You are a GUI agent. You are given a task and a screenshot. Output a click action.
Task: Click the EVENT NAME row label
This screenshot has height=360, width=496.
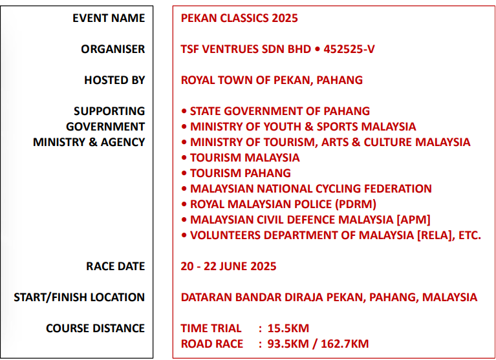(x=109, y=18)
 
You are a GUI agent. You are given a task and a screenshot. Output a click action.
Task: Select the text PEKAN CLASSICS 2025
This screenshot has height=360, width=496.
(x=239, y=18)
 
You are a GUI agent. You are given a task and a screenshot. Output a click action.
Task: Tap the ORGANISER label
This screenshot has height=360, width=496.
(x=113, y=49)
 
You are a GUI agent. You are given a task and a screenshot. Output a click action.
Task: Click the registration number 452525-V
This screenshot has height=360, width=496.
(x=349, y=49)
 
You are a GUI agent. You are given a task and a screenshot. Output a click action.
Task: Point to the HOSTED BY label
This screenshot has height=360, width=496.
(x=114, y=80)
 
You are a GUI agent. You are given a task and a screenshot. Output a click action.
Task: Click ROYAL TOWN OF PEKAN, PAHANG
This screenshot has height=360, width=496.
(x=272, y=80)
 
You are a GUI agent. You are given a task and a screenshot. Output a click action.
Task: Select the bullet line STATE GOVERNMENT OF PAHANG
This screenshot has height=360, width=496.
(x=275, y=111)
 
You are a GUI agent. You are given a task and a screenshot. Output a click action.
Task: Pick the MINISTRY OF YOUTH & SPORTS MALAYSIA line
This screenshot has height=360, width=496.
(x=299, y=127)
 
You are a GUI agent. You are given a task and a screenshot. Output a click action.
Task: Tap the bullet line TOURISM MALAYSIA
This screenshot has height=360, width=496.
(x=241, y=158)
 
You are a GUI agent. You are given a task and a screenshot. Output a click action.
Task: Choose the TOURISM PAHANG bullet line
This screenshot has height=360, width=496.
(x=236, y=173)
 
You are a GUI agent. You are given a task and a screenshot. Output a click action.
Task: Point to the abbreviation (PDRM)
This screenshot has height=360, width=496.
(x=356, y=204)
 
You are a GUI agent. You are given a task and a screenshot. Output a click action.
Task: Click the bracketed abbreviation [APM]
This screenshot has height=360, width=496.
(x=413, y=220)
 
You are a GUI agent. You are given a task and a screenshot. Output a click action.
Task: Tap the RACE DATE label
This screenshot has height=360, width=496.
(x=116, y=266)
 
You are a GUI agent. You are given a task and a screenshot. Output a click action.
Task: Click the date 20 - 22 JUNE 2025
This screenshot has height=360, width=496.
(x=228, y=266)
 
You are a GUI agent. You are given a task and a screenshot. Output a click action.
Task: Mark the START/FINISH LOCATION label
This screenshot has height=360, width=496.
(x=79, y=297)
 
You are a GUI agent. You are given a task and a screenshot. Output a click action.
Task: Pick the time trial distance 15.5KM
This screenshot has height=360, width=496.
(x=288, y=328)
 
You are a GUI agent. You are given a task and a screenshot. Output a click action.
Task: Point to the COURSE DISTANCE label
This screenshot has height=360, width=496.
(x=95, y=328)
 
